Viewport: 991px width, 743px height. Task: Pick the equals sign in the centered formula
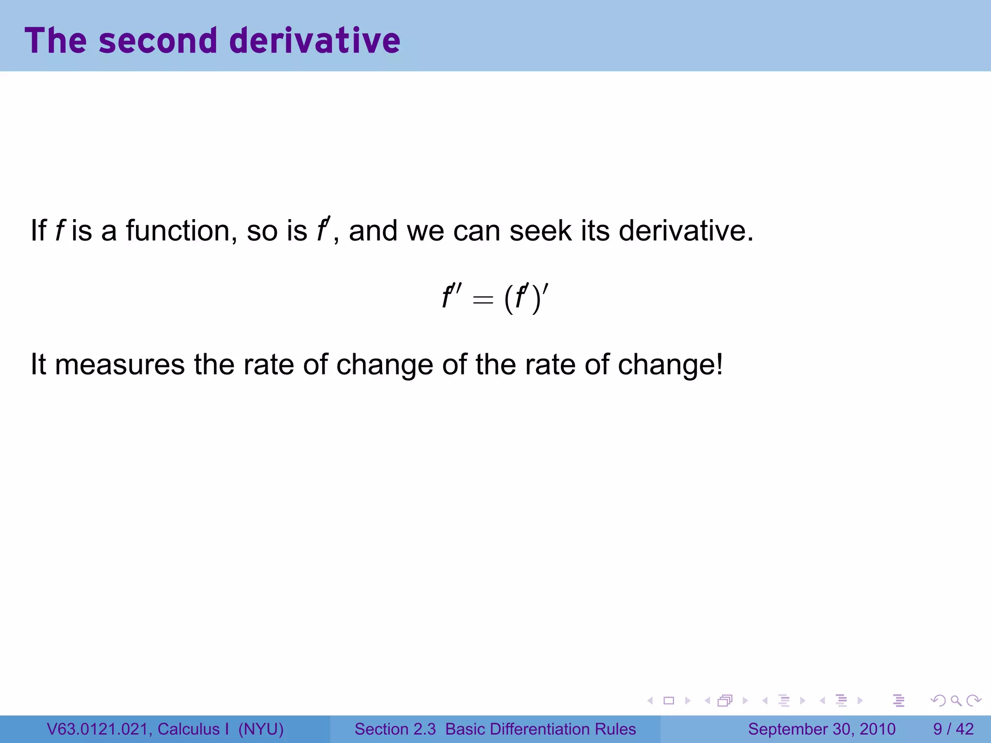click(483, 300)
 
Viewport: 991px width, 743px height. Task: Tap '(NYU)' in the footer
click(261, 729)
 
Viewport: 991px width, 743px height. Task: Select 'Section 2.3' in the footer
click(395, 729)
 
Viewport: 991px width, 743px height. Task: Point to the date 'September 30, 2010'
click(822, 729)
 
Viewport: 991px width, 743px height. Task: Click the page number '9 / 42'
click(953, 729)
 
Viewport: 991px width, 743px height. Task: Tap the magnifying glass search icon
click(956, 700)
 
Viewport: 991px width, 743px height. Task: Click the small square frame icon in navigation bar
click(669, 700)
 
